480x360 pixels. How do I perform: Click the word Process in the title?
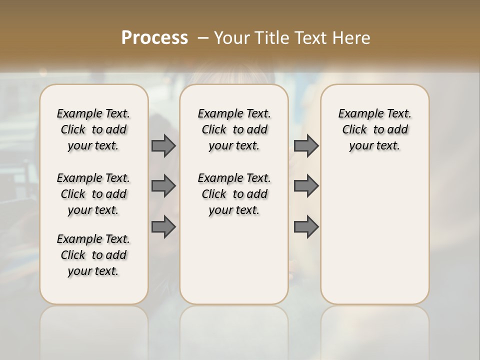point(154,37)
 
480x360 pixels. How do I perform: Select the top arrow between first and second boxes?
point(163,146)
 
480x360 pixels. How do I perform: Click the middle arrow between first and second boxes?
point(163,186)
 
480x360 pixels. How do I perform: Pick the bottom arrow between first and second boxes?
point(163,227)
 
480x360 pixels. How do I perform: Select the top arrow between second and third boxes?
point(306,146)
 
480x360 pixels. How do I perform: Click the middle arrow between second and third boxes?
point(306,186)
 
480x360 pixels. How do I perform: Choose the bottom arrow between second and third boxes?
point(306,227)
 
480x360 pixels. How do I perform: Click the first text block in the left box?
point(93,129)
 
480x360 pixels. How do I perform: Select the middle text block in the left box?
point(93,194)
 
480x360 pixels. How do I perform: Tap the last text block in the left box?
point(93,255)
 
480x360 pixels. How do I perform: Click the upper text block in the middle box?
point(234,129)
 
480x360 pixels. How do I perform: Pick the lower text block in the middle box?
point(234,194)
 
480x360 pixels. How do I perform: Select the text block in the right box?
point(374,129)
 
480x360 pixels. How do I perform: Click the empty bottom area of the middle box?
point(234,265)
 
